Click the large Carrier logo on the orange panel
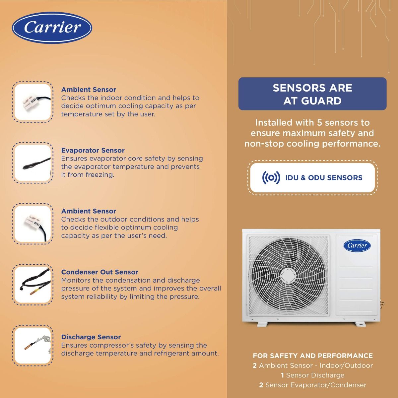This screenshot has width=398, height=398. click(52, 28)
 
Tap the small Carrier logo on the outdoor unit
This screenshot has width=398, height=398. click(357, 245)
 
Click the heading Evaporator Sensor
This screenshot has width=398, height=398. click(93, 150)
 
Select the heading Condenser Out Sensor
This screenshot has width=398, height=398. click(99, 272)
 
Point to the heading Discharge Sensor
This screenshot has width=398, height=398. click(91, 337)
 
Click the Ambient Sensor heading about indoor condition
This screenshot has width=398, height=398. click(89, 90)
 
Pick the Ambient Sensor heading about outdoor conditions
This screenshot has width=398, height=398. click(89, 211)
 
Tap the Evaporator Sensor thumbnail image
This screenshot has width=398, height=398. click(33, 163)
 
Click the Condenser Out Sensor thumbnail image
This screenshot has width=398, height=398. click(33, 285)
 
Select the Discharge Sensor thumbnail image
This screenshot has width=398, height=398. click(33, 346)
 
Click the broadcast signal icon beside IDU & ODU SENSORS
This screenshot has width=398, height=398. click(271, 178)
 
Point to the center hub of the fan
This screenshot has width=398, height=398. click(288, 275)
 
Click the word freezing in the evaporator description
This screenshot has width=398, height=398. click(100, 175)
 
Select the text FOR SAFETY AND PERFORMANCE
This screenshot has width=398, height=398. click(313, 356)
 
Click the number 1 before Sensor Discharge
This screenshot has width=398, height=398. click(282, 375)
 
